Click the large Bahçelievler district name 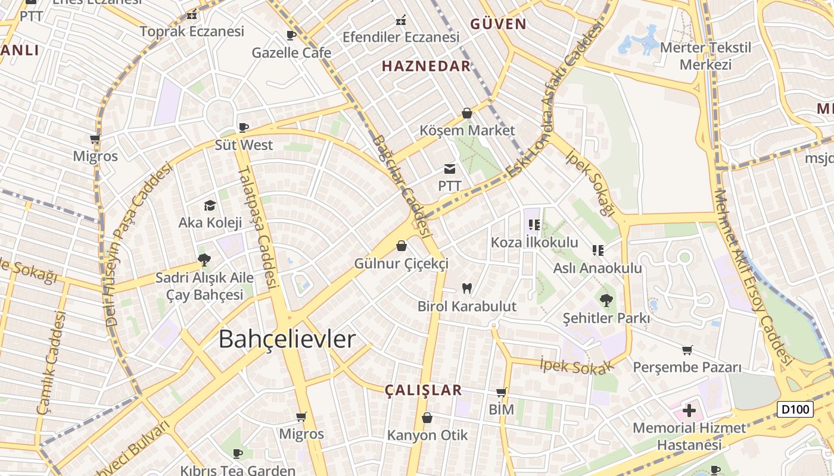[x=287, y=339]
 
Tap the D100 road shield [x=795, y=409]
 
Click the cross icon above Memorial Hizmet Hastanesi [x=689, y=411]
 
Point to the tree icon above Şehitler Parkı [x=606, y=300]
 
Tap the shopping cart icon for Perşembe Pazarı [x=687, y=350]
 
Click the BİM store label [x=501, y=409]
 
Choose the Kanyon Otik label [x=427, y=435]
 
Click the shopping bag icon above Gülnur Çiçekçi [x=402, y=246]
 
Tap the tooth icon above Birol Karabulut [x=466, y=289]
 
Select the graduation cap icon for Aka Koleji [x=210, y=206]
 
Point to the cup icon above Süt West [x=243, y=127]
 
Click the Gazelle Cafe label [x=291, y=52]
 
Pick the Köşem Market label [x=467, y=130]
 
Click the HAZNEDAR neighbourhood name [x=426, y=66]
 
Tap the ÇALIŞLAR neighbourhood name [x=423, y=390]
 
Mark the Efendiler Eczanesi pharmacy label [x=401, y=37]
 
